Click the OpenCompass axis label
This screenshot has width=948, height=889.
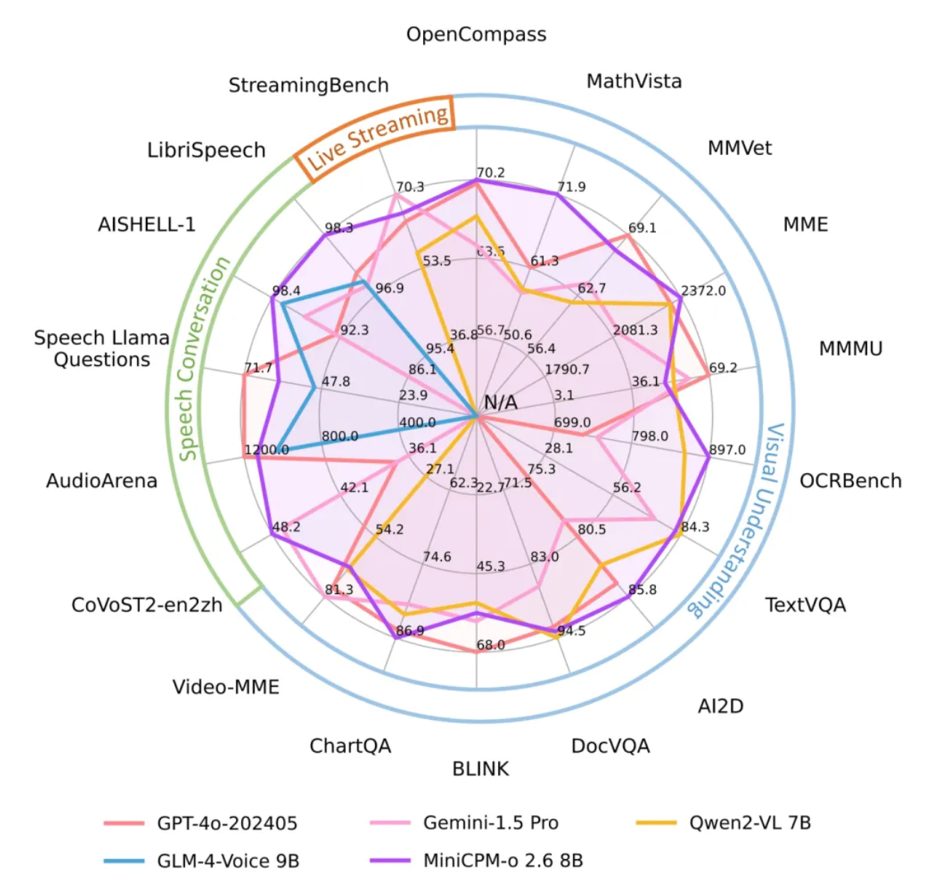coord(476,34)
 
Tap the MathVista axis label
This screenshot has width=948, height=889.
coord(633,81)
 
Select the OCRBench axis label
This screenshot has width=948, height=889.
coord(850,480)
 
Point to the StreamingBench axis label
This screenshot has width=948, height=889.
coord(309,85)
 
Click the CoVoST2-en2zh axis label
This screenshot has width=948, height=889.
coord(147,605)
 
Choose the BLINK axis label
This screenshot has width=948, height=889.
coord(480,769)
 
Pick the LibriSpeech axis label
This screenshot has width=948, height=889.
coord(206,150)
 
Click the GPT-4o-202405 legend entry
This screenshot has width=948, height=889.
coord(226,823)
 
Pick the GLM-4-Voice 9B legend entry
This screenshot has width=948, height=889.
coord(227,861)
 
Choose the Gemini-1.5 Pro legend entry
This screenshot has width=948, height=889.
coord(490,823)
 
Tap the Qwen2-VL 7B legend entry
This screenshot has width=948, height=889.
coord(750,823)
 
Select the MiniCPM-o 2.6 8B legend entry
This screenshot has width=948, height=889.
coord(502,861)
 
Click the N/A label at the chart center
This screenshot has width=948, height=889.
coord(500,403)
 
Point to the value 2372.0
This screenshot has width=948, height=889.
coord(703,290)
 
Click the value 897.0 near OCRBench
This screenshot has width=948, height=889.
coord(727,450)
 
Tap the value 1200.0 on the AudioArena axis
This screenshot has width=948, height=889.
coord(267,450)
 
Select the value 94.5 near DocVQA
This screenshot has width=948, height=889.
coord(571,631)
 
